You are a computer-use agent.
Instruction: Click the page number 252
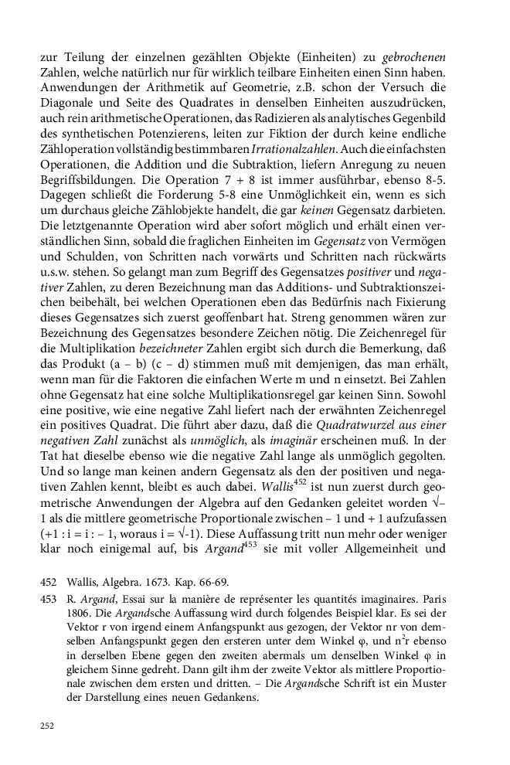coord(48,726)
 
